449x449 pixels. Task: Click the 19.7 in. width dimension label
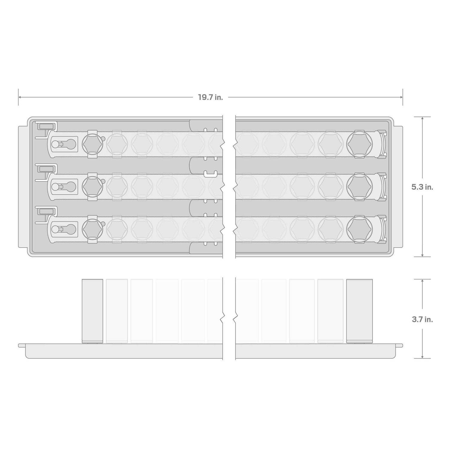tap(210, 97)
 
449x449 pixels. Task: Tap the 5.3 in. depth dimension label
tap(422, 187)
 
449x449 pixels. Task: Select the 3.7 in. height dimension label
tap(422, 319)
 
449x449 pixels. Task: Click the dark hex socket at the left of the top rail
tap(92, 144)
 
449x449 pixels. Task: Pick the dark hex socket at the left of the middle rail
tap(92, 186)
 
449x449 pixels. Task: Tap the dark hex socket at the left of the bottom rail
tap(92, 229)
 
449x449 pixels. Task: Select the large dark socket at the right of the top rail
tap(359, 144)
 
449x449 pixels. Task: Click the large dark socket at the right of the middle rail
tap(359, 186)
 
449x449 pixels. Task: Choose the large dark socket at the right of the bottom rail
tap(359, 229)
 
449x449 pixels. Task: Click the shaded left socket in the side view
tap(92, 311)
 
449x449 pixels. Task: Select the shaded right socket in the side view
tap(359, 311)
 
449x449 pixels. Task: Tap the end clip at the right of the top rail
tap(381, 144)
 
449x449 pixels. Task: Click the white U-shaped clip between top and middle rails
tap(210, 174)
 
